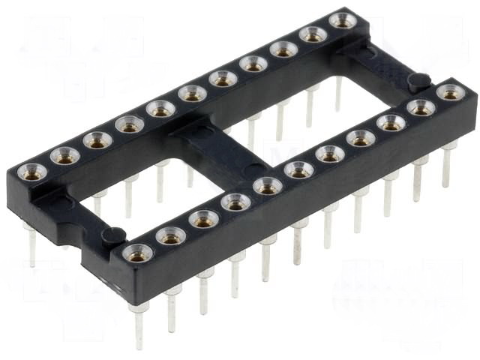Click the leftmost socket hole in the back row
[x=33, y=172]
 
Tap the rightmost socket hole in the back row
[x=342, y=20]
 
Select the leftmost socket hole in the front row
[x=137, y=253]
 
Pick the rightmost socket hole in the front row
[x=450, y=93]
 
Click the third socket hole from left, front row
[x=204, y=219]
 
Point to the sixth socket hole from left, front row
[x=298, y=169]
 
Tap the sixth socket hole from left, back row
[x=192, y=94]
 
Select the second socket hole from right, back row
[x=313, y=34]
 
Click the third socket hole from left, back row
[x=97, y=139]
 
